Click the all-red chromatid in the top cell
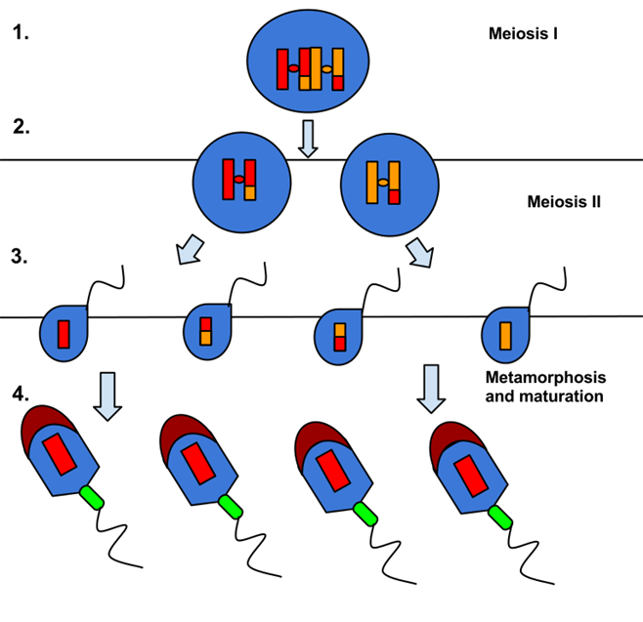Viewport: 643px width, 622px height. coord(282,69)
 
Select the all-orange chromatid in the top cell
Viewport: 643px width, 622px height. coord(316,68)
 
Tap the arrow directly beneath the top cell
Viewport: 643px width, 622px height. coord(308,138)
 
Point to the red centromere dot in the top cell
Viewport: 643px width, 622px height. coord(293,68)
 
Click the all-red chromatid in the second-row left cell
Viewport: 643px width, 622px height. coord(228,180)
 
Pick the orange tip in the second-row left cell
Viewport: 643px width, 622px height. coord(250,193)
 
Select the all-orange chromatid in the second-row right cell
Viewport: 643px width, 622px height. coord(372,183)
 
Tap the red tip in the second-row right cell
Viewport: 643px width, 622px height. coord(394,196)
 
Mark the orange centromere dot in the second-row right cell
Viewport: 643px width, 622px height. coord(383,183)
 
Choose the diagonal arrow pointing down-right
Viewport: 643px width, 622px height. coord(420,253)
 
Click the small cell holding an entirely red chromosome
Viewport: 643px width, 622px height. coord(64,334)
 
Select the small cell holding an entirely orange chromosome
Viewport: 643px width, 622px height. coord(505,335)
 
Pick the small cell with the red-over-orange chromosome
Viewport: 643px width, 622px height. coord(207,332)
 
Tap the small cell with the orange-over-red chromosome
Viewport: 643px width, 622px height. coord(338,337)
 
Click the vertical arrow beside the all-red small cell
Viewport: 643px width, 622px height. coord(107,395)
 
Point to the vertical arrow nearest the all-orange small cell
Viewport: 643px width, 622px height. coord(431,388)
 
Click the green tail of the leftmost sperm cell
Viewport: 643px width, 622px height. coord(92,498)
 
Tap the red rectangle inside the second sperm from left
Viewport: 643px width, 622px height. coord(198,464)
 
